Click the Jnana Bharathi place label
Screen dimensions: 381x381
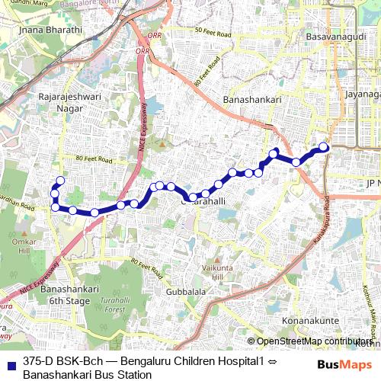pos(41,30)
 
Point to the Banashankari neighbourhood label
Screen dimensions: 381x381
pos(254,100)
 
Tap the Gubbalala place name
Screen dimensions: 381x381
pos(181,292)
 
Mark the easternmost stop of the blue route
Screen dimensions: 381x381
pos(323,147)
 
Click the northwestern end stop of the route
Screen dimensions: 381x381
pos(60,181)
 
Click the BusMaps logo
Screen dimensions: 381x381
pos(344,365)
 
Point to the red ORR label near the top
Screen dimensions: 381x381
pos(142,51)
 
